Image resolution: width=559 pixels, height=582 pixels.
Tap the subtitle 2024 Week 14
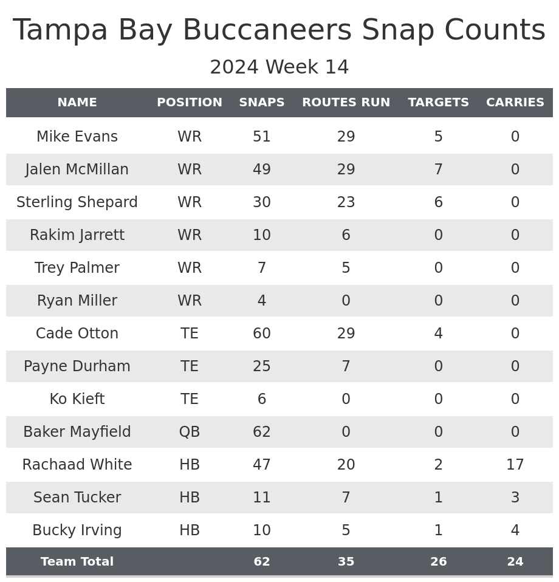279,67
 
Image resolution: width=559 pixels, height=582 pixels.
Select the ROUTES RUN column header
346,103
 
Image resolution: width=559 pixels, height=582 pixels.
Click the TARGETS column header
438,103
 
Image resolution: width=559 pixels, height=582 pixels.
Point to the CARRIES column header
515,103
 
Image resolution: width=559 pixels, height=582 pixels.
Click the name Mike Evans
77,137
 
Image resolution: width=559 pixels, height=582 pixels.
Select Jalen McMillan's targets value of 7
438,170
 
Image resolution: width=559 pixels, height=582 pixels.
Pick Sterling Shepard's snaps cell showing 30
262,203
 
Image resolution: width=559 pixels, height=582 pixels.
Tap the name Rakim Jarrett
77,236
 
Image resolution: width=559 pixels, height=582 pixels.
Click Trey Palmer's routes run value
346,269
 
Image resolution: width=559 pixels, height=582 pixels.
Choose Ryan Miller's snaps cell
262,301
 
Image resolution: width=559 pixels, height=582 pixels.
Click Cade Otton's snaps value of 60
262,334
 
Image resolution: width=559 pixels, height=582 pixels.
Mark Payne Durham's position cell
190,367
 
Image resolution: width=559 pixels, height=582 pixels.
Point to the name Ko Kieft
77,400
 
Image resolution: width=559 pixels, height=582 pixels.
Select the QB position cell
190,433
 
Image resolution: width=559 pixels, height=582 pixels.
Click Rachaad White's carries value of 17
515,465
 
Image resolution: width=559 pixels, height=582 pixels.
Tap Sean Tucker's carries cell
515,498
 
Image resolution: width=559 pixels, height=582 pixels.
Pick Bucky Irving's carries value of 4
515,531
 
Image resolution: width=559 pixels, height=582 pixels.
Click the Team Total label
77,563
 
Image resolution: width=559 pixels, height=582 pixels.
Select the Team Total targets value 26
438,563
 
